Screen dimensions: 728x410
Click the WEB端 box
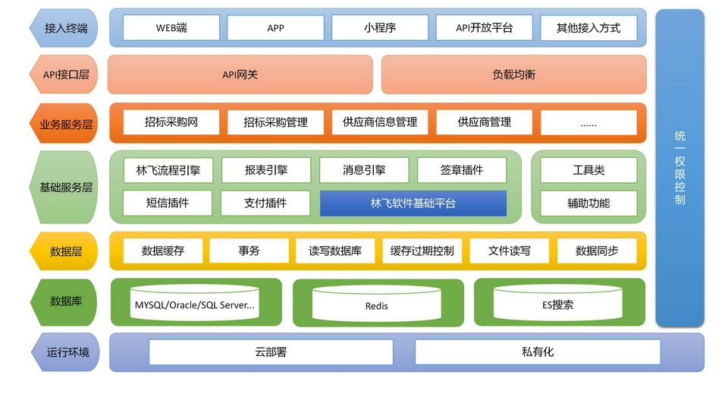click(x=171, y=28)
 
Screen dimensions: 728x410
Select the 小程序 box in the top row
click(x=380, y=28)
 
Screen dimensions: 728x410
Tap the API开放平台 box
click(x=485, y=28)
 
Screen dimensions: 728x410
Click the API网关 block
click(x=240, y=74)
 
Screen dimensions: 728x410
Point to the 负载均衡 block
click(x=514, y=74)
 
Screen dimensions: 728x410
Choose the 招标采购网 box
click(x=171, y=122)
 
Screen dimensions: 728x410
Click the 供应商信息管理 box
click(x=380, y=122)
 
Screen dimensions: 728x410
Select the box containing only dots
click(x=588, y=122)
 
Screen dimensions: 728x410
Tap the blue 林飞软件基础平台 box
click(x=413, y=203)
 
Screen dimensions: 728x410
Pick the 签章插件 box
click(x=462, y=170)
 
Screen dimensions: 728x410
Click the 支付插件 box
click(x=265, y=203)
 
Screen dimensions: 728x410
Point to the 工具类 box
click(x=588, y=170)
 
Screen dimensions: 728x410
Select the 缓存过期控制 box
click(x=422, y=251)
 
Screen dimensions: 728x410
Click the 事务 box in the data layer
click(x=249, y=251)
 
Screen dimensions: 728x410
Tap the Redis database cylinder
click(x=377, y=304)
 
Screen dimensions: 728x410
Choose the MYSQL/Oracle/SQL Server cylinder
click(x=195, y=303)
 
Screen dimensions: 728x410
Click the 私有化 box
click(x=538, y=352)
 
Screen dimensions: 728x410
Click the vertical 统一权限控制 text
click(x=679, y=168)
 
